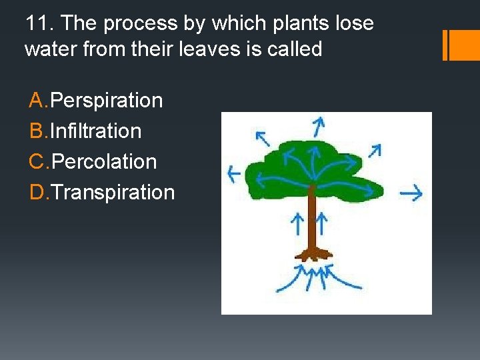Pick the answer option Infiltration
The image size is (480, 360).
coord(95,131)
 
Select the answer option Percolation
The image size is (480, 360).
coord(103,162)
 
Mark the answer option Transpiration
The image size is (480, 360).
coord(113,193)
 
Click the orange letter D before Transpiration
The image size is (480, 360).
coord(38,193)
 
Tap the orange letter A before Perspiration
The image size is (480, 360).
coord(38,101)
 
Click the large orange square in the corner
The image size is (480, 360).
coord(465,45)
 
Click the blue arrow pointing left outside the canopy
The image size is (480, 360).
coord(234,175)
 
